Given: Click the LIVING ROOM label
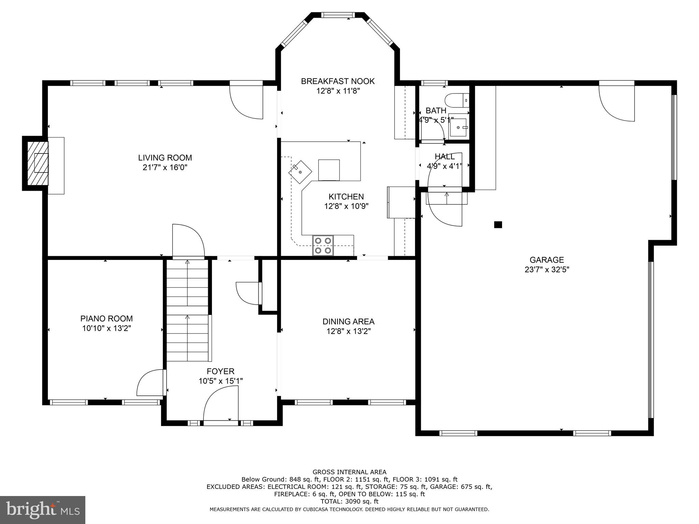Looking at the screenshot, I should point(165,158).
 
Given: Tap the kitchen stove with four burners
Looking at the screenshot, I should point(323,246).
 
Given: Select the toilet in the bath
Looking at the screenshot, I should point(456,100).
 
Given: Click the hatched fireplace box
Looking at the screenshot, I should point(38,163).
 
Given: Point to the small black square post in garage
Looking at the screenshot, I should point(498,224).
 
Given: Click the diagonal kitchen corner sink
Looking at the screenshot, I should point(300,172).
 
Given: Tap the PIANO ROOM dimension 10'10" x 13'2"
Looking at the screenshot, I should point(106,328).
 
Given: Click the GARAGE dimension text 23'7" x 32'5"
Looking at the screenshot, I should point(547,270).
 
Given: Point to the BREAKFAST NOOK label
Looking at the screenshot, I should point(338,81).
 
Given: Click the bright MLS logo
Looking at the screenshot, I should point(42,510).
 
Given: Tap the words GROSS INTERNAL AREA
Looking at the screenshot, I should point(349,472).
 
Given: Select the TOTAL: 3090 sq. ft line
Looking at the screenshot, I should point(349,501).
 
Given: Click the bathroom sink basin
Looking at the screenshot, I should point(458,128).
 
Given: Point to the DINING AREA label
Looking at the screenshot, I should point(348,321).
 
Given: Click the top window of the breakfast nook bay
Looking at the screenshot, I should point(338,15).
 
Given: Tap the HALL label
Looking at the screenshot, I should point(444,157).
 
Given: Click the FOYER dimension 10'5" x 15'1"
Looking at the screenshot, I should point(220,381).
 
